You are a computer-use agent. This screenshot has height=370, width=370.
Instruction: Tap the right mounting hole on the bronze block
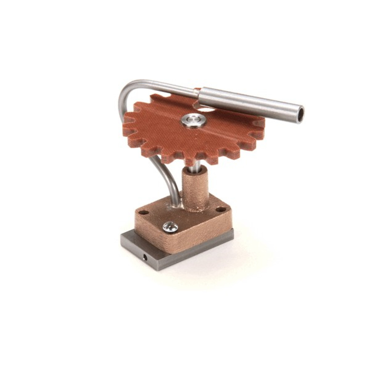coord(221,209)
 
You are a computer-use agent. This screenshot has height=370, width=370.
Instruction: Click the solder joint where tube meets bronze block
coord(177,206)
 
